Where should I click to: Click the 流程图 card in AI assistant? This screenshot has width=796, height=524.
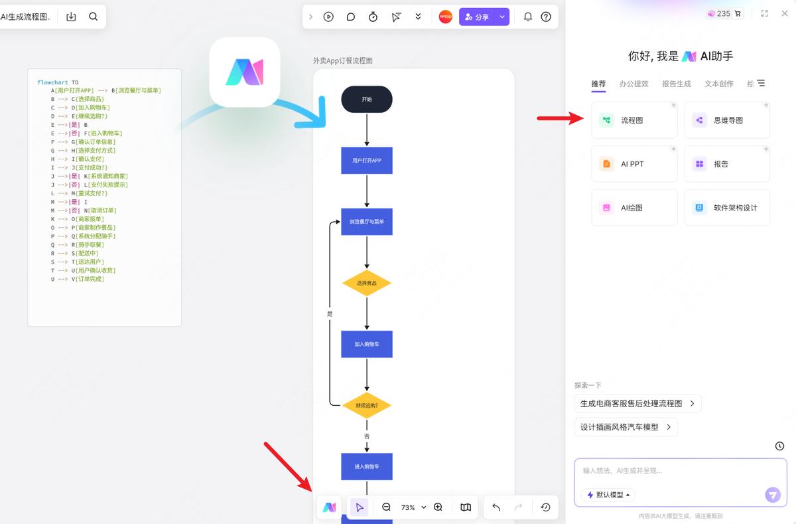tap(633, 120)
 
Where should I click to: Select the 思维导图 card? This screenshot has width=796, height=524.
tap(727, 120)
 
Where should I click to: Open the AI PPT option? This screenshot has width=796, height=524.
tap(633, 164)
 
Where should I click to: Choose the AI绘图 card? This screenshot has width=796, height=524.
tap(633, 208)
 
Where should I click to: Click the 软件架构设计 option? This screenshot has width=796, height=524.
tap(727, 208)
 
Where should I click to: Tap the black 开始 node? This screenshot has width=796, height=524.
tap(367, 100)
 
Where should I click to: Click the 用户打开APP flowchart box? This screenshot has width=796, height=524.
tap(367, 161)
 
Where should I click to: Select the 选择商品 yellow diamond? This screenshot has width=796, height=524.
tap(367, 283)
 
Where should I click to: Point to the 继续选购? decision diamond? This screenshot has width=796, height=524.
tap(367, 405)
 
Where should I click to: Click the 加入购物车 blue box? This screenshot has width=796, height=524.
tap(367, 344)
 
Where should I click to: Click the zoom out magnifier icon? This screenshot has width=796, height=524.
tap(387, 507)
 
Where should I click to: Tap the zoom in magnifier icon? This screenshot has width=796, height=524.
tap(438, 507)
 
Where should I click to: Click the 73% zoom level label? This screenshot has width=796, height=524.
tap(408, 507)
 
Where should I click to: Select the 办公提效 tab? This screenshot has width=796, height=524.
tap(633, 84)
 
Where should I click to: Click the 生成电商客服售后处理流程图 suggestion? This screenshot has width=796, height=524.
tap(637, 403)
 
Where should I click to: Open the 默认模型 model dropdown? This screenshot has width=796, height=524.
tap(608, 495)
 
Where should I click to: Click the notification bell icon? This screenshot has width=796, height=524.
tap(528, 17)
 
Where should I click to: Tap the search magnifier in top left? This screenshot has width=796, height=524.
tap(94, 17)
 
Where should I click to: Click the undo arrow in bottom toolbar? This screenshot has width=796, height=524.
tap(496, 507)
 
